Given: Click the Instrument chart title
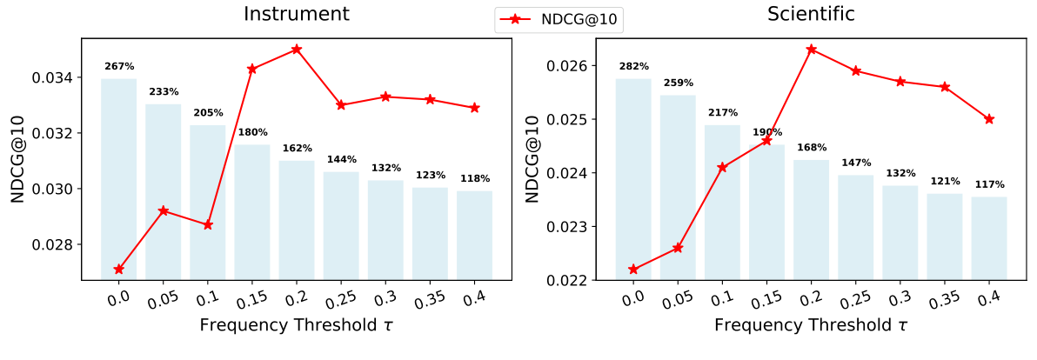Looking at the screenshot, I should point(297,14).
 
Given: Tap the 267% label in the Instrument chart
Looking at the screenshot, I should point(119,66).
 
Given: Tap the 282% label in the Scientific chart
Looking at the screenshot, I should point(633,66).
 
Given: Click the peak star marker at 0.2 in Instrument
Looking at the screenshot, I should point(297,50).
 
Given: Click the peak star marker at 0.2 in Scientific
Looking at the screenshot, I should point(812,50).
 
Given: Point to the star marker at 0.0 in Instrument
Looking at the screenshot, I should point(119,270).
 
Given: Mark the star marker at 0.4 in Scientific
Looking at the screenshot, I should point(989,119).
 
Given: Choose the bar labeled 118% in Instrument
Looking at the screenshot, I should point(474,235).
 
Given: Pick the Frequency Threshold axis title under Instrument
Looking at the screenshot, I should point(297,326).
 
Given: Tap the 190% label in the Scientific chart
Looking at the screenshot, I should point(766,132).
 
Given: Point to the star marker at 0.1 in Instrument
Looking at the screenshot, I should point(208,225).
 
